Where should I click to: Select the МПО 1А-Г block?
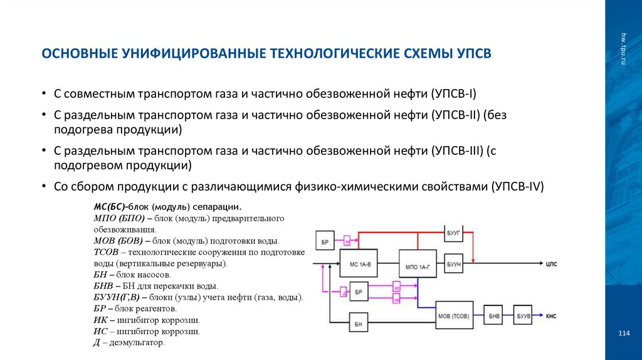[417, 266]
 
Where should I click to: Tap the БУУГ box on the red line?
[454, 233]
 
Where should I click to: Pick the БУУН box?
[454, 264]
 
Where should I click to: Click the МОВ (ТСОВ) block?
[454, 315]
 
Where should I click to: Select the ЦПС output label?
[551, 264]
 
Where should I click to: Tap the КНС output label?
[551, 315]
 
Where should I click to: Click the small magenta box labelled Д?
[343, 292]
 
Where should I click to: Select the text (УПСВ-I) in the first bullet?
[453, 94]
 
